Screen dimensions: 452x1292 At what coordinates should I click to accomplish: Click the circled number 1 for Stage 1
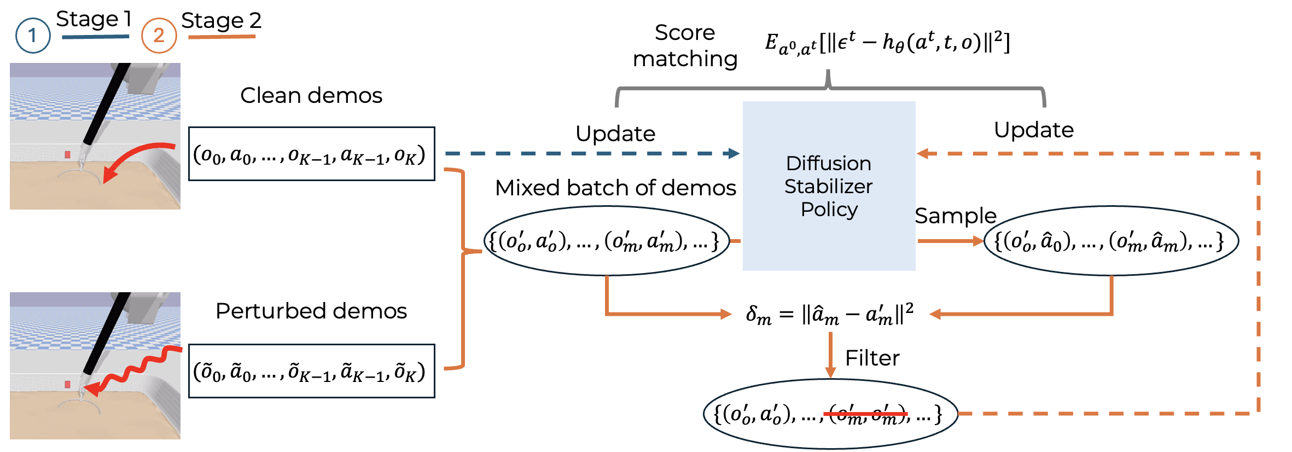(x=33, y=36)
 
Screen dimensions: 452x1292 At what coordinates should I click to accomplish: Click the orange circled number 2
(x=159, y=36)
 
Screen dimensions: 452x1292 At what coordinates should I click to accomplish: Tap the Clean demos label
(x=311, y=95)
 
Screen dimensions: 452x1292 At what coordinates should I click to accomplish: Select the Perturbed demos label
(x=311, y=311)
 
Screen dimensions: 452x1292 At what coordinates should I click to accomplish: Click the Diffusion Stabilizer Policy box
(x=829, y=186)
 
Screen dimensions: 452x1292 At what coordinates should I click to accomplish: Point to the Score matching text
(x=685, y=45)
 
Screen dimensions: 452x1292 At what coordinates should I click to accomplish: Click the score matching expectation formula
(x=887, y=43)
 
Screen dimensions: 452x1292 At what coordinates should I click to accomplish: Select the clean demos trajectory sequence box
(x=311, y=154)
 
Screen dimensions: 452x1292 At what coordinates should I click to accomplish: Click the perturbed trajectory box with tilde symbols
(x=311, y=371)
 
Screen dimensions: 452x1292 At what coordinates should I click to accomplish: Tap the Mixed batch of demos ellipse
(x=606, y=241)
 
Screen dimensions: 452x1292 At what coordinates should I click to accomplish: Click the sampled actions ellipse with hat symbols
(x=1110, y=241)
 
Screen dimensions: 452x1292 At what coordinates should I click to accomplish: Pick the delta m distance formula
(x=829, y=314)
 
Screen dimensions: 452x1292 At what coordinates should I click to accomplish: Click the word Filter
(x=872, y=358)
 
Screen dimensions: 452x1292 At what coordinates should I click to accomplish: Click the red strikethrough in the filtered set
(x=865, y=414)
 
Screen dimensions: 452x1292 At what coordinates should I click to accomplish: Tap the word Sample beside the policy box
(x=955, y=216)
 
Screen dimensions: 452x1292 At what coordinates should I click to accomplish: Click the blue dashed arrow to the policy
(x=591, y=154)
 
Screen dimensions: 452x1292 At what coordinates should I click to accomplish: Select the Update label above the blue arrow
(x=615, y=134)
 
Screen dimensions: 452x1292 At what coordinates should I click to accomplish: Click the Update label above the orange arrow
(x=1033, y=130)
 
